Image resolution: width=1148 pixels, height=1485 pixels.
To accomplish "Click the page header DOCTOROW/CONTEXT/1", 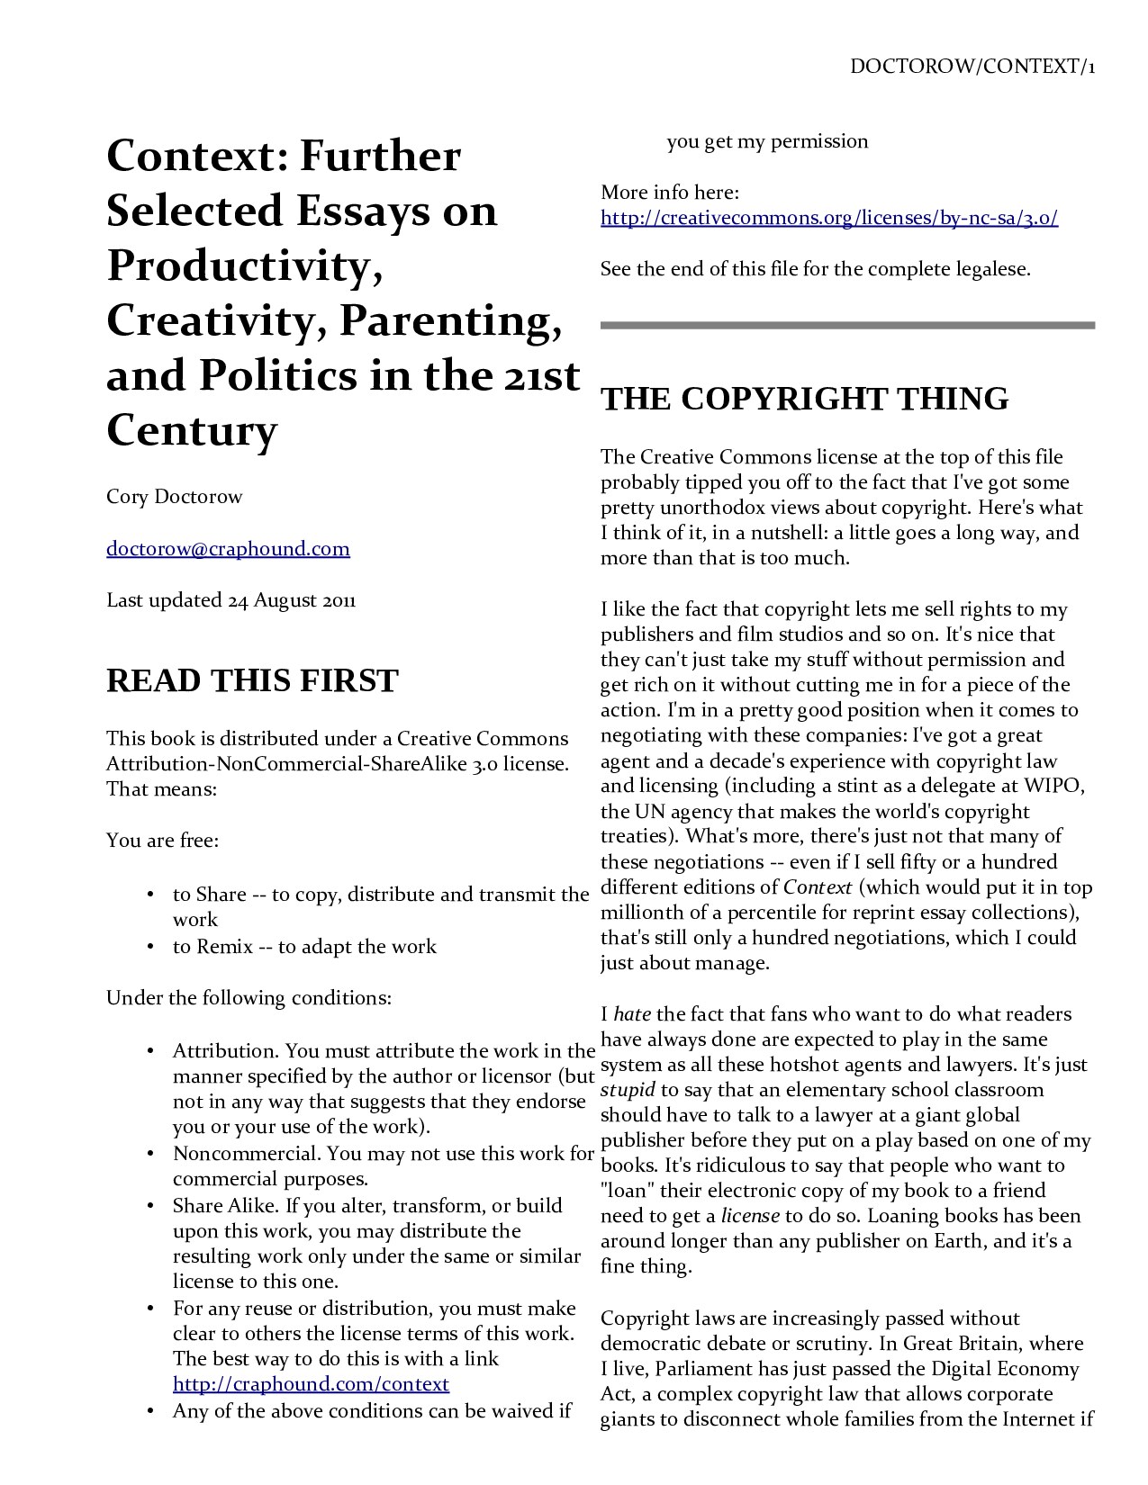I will tap(972, 67).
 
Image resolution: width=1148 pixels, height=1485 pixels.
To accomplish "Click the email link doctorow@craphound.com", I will tap(228, 548).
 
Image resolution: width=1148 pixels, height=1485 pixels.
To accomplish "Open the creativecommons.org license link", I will tap(828, 218).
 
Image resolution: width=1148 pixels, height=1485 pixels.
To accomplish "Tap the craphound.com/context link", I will tap(311, 1383).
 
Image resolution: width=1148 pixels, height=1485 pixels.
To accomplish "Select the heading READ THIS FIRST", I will tap(252, 680).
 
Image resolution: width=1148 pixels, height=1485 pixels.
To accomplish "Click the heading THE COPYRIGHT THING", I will tap(804, 399).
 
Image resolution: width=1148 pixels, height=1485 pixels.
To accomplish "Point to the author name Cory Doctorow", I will tap(174, 497).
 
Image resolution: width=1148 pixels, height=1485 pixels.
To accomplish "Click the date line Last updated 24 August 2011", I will tap(231, 599).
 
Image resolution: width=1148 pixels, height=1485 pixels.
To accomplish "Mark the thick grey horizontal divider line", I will tap(846, 325).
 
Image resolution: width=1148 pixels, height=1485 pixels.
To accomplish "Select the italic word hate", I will tap(632, 1014).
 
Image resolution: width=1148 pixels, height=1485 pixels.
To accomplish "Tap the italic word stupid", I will tap(628, 1090).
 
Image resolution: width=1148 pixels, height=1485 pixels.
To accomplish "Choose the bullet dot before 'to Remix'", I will tap(149, 947).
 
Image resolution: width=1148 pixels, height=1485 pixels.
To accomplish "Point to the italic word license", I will tap(750, 1216).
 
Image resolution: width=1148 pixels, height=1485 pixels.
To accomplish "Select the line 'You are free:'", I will tap(163, 841).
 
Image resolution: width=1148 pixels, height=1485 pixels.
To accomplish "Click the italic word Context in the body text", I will tap(818, 887).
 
